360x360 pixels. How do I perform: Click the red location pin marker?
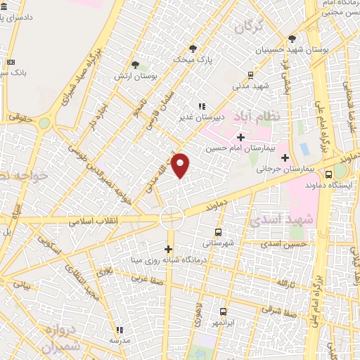tap(181, 165)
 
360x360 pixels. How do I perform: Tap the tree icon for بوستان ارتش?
tap(135, 65)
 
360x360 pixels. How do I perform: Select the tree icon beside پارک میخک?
tap(194, 48)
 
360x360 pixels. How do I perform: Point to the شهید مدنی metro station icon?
tap(251, 75)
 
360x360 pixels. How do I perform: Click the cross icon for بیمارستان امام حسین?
tap(240, 136)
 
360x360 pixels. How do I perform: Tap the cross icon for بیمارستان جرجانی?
tap(284, 157)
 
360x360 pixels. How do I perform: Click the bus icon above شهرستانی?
tap(218, 231)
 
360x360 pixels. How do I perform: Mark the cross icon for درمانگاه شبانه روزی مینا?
tap(168, 249)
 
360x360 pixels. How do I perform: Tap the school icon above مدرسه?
tap(120, 329)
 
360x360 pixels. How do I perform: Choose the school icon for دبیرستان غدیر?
tap(203, 106)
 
